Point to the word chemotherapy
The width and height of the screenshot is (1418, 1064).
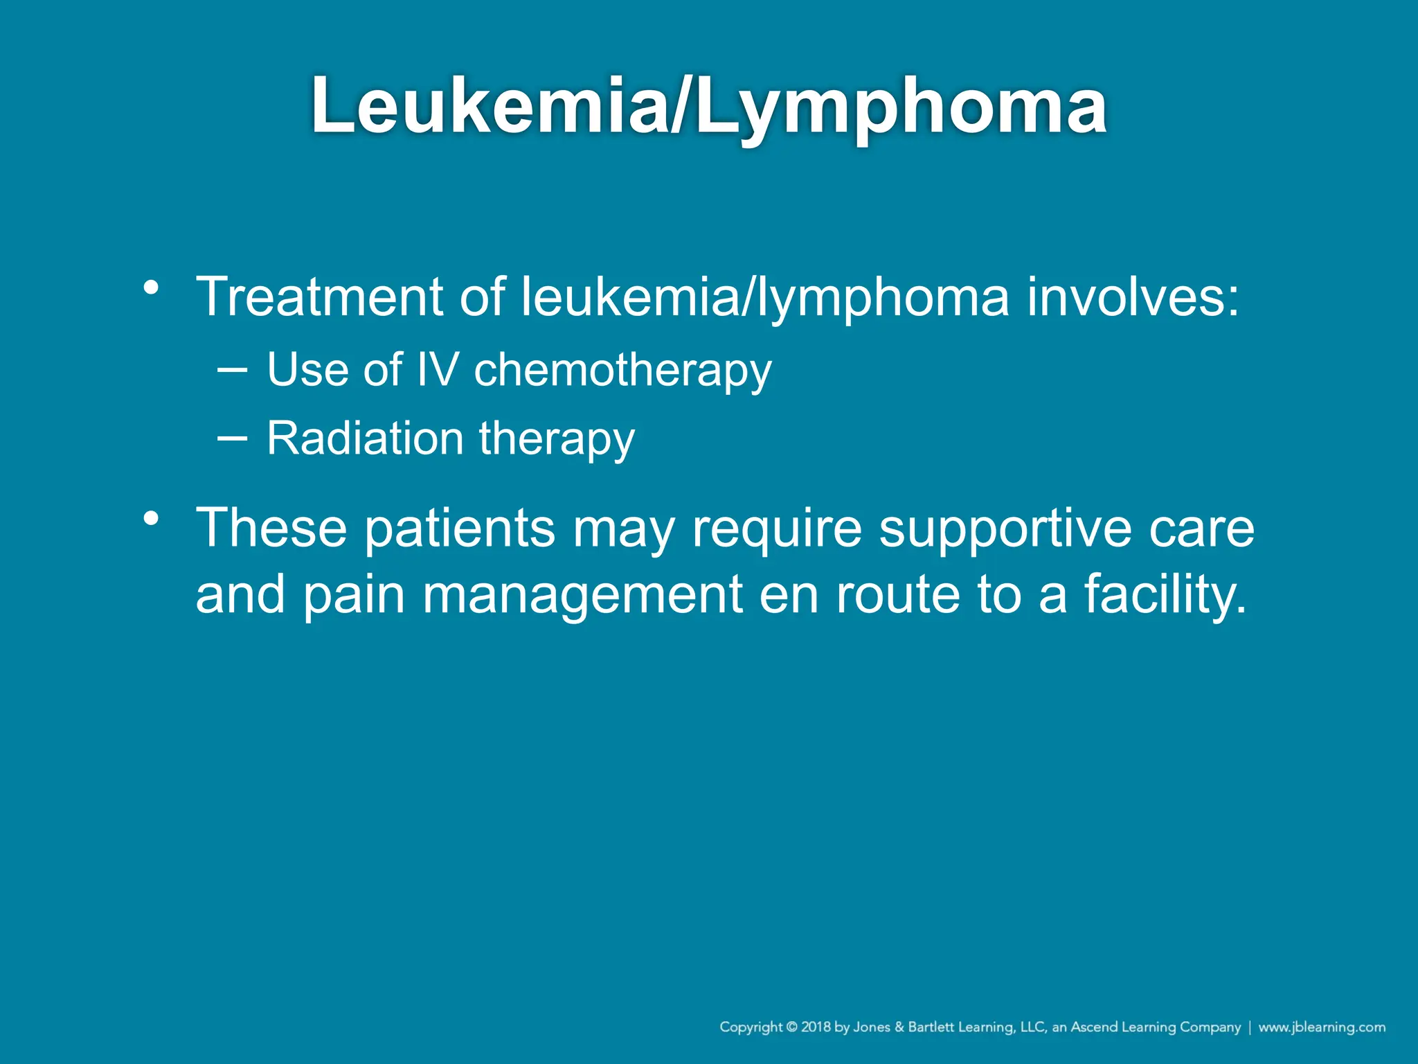tap(622, 370)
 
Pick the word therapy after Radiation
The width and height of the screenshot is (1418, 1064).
tap(557, 439)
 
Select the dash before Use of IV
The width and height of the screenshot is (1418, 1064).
tap(231, 369)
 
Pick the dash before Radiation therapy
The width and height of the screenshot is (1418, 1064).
tap(231, 438)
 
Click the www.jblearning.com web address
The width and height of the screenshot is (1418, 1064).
tap(1322, 1027)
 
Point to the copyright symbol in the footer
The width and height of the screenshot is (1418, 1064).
tap(791, 1027)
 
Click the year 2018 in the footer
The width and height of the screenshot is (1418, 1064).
tap(816, 1027)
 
